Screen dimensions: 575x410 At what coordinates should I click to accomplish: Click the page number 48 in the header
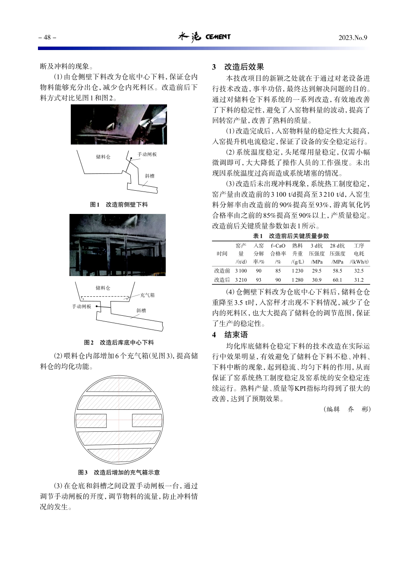(47, 38)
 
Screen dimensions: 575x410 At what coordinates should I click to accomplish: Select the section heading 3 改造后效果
(238, 67)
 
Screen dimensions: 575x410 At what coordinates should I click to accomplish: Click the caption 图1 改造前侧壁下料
(119, 204)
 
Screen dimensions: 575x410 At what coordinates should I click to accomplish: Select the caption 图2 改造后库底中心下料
(119, 342)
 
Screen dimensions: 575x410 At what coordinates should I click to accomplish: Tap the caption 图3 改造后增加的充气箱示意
(119, 472)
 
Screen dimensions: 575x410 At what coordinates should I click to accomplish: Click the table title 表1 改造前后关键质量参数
(291, 236)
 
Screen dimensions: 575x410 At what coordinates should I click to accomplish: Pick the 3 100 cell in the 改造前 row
(241, 271)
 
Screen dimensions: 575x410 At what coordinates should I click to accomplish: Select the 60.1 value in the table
(337, 280)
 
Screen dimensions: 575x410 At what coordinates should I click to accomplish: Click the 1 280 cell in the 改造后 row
(297, 280)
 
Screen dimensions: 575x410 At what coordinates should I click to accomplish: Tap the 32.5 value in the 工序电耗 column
(359, 271)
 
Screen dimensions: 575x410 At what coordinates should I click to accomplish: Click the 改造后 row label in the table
(222, 280)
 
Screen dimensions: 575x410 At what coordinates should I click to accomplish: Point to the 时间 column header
(222, 254)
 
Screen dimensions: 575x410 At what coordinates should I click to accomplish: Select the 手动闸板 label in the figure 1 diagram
(147, 154)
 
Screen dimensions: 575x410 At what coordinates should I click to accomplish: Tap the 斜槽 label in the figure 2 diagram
(141, 311)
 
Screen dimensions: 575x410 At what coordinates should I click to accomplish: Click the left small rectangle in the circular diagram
(91, 421)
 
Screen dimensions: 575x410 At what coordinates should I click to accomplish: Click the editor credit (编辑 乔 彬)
(347, 409)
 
